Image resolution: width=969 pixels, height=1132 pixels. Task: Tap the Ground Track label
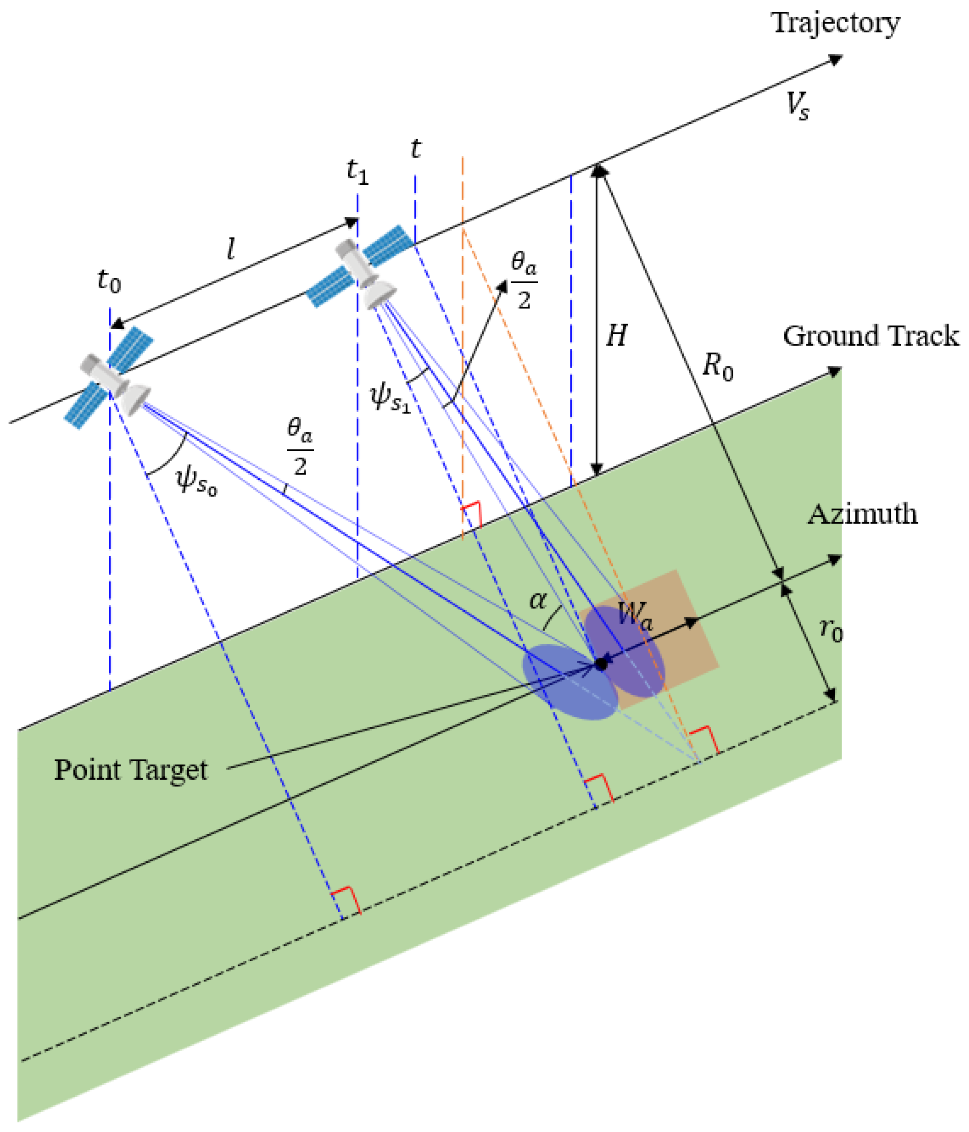tap(871, 336)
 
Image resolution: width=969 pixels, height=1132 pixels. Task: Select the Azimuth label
tap(862, 514)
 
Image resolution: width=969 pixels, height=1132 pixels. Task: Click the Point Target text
tap(130, 770)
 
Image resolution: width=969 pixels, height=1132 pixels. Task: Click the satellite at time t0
tap(112, 377)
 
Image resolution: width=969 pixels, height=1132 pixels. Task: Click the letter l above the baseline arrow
tap(231, 250)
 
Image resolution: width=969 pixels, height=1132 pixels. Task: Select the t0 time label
tap(109, 281)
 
